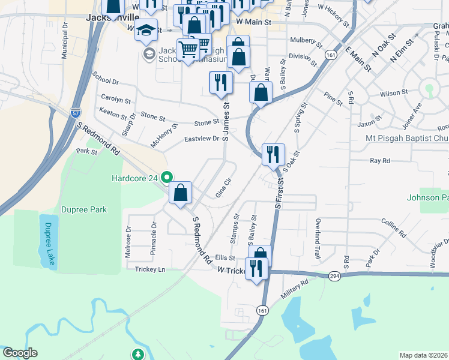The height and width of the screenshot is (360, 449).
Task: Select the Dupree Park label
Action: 84,209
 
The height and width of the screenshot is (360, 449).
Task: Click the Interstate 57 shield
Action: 76,112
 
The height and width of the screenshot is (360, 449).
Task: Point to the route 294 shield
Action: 334,275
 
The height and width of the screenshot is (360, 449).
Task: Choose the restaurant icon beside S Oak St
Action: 273,154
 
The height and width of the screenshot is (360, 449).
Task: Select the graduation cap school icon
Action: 146,31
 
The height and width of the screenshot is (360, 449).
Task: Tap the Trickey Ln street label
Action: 149,270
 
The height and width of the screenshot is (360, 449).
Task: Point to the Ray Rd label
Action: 380,161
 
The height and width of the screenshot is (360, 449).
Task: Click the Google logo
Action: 20,353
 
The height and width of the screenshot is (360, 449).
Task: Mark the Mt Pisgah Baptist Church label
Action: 407,138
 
